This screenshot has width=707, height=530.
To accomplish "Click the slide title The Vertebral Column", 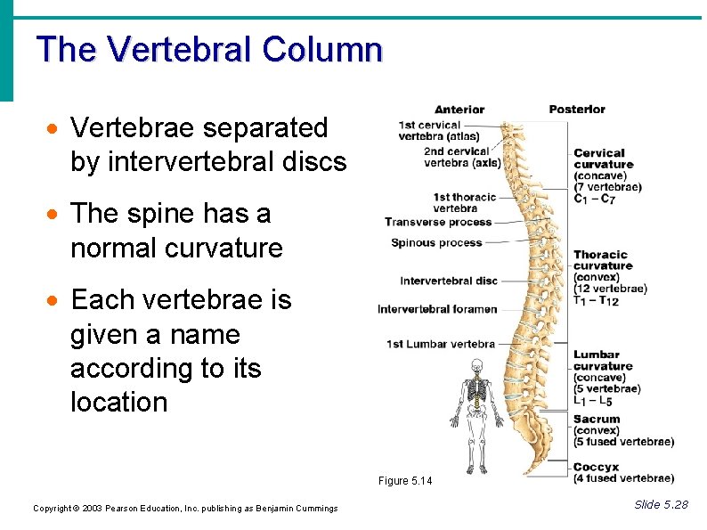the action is [209, 50].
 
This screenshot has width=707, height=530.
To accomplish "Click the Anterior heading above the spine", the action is [459, 110].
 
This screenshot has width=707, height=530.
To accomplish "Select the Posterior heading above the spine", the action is [576, 110].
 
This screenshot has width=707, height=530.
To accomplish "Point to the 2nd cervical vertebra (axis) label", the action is [462, 157].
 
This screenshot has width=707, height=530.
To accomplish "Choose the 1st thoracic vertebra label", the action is [465, 202].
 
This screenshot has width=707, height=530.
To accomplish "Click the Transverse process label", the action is [437, 222].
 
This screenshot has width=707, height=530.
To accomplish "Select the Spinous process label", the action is [436, 243].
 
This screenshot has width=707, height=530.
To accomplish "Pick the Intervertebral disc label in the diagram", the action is [448, 281].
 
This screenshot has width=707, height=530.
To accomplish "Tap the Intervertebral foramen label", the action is [437, 309].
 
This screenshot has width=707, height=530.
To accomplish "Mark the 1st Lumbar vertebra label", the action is [440, 344].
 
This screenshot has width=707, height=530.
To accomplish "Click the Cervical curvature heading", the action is [603, 159].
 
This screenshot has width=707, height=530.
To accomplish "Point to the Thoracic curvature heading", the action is [602, 260].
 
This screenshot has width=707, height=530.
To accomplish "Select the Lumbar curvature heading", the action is [602, 361].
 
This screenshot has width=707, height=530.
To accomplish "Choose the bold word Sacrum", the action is [597, 420].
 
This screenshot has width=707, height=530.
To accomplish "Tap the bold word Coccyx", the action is [596, 468].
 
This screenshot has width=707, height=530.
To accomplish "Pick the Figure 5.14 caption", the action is [404, 481].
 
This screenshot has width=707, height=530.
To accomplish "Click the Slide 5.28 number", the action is [661, 505].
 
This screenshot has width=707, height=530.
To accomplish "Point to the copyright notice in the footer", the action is [185, 509].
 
